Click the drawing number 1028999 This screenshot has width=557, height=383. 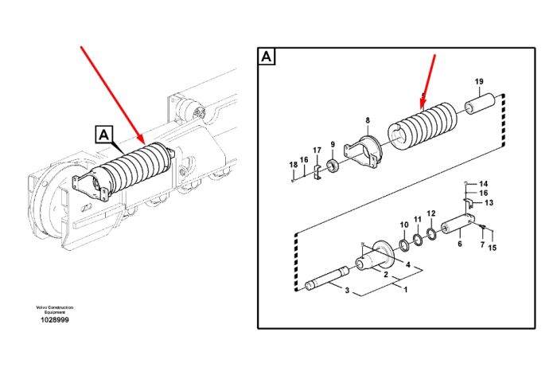[x=55, y=320]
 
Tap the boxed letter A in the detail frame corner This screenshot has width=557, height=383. [x=267, y=57]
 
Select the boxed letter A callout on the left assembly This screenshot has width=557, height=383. [x=103, y=135]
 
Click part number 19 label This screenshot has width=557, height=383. [x=479, y=81]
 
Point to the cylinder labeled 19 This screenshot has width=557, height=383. [x=481, y=104]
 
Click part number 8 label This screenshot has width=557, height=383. [x=368, y=120]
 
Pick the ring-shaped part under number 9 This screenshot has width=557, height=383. [x=333, y=166]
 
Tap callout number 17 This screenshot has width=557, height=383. [x=317, y=150]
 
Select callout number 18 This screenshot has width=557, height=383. [x=293, y=165]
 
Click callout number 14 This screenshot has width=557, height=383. [x=484, y=184]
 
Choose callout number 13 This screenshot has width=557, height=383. [x=489, y=203]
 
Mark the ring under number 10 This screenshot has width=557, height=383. [x=404, y=245]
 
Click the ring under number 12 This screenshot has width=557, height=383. [x=431, y=233]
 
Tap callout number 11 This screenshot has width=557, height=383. [x=418, y=220]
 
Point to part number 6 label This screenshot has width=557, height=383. [x=460, y=244]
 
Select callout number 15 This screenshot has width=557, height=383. [x=492, y=248]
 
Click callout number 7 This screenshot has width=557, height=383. [x=482, y=244]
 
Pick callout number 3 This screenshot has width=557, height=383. [x=348, y=290]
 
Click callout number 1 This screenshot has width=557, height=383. [x=406, y=290]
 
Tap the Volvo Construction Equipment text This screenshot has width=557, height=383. [x=55, y=310]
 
